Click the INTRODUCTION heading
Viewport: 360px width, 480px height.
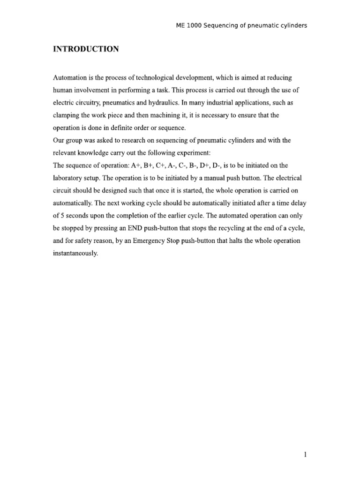point(85,49)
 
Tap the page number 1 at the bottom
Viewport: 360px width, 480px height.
point(305,454)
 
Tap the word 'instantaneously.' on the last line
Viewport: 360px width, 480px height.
point(75,254)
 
